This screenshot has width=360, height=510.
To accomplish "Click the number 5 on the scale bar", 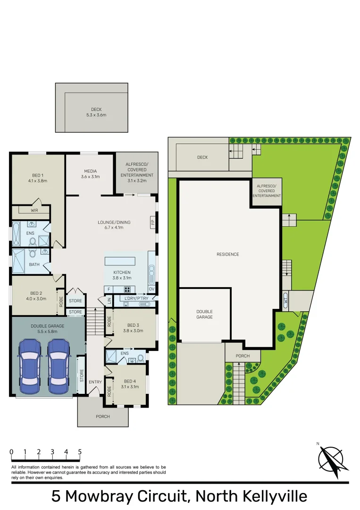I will pyautogui.click(x=80, y=452).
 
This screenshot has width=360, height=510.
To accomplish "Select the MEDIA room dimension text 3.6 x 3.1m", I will pyautogui.click(x=90, y=177).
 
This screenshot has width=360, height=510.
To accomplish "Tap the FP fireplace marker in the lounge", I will pyautogui.click(x=152, y=222).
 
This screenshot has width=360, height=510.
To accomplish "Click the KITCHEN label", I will pyautogui.click(x=122, y=273).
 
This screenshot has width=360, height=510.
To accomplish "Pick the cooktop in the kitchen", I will pyautogui.click(x=127, y=289).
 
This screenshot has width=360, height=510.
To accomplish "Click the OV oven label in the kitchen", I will pyautogui.click(x=151, y=289).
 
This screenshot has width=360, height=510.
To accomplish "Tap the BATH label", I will pyautogui.click(x=34, y=264).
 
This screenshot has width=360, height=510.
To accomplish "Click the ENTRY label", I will pyautogui.click(x=95, y=382).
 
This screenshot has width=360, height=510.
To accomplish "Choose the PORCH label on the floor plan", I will pyautogui.click(x=102, y=416).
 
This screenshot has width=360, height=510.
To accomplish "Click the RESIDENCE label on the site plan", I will pyautogui.click(x=228, y=255).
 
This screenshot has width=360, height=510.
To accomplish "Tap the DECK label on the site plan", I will pyautogui.click(x=202, y=157).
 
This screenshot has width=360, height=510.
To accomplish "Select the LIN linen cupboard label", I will pyautogui.click(x=109, y=300).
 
